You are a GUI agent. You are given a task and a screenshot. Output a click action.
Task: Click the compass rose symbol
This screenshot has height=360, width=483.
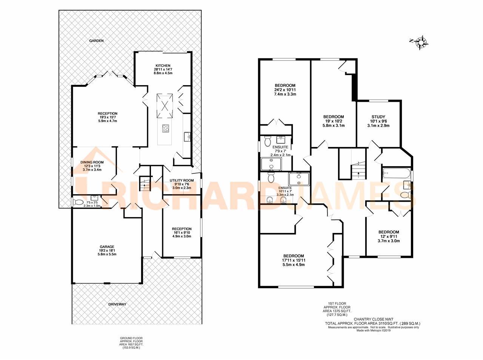(x=420, y=42)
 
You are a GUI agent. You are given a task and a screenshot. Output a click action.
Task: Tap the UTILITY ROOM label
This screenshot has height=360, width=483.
(x=182, y=181)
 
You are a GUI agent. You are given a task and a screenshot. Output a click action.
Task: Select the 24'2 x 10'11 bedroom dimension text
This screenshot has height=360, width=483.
(x=285, y=90)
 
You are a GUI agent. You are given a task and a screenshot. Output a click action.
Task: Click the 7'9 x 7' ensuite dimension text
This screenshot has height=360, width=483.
(x=280, y=151)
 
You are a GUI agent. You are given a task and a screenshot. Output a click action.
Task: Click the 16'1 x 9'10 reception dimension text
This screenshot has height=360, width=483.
(x=182, y=233)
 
